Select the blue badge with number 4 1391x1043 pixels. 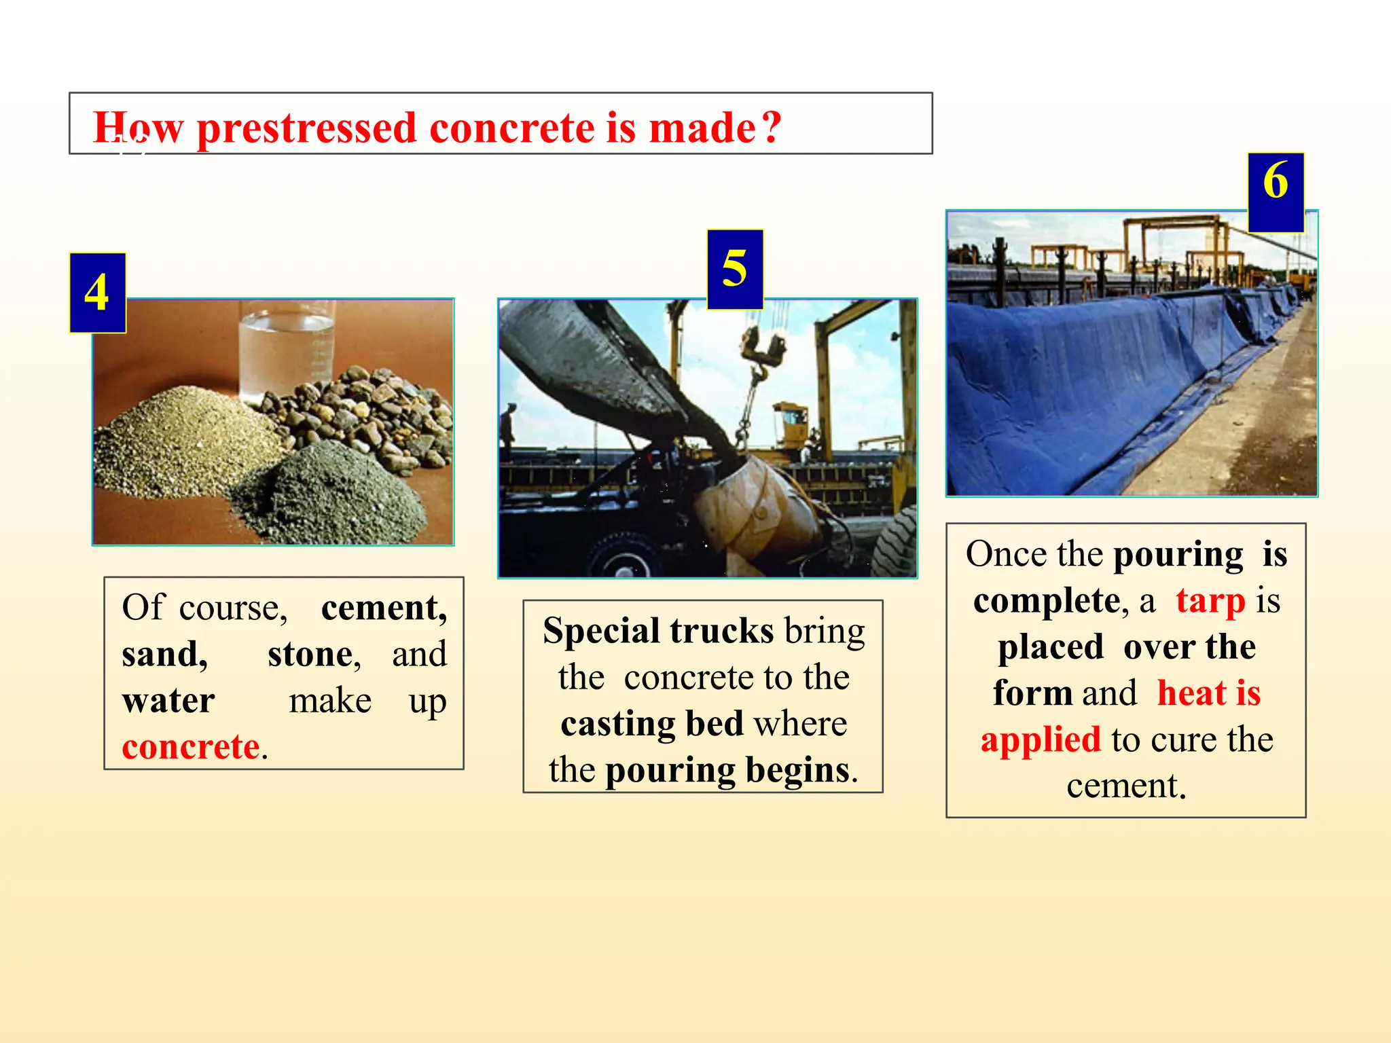pos(97,293)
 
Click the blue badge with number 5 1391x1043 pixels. pos(735,269)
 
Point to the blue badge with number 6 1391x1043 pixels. pos(1276,192)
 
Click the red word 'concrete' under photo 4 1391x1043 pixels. pos(191,747)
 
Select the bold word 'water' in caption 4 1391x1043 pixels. pos(168,701)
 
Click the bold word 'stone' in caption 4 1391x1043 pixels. pos(310,655)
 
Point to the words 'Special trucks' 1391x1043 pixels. pos(657,631)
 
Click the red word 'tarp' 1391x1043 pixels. pos(1210,601)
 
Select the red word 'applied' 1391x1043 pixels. pos(1041,739)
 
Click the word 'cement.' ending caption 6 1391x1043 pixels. pos(1125,786)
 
